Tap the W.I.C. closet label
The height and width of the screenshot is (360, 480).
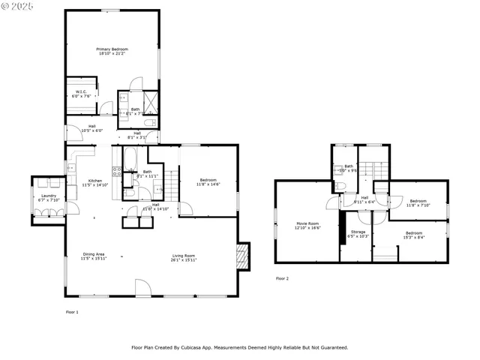pos(81,92)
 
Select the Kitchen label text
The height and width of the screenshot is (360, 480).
pos(95,181)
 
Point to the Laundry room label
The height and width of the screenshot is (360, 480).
pos(48,196)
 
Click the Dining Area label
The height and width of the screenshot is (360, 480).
pos(94,254)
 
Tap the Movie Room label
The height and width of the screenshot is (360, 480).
pos(308,223)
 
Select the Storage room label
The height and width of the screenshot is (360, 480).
pos(358,232)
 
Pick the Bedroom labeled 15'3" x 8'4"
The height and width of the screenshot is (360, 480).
pos(414,233)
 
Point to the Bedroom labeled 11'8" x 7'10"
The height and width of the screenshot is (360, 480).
pos(418,201)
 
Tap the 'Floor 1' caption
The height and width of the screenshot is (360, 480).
pos(72,311)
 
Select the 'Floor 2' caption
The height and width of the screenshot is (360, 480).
pos(282,278)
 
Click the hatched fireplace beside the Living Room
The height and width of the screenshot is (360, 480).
pos(241,256)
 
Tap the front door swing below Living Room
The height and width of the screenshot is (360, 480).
pos(142,286)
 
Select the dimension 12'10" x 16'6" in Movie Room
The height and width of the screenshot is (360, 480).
pos(308,228)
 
